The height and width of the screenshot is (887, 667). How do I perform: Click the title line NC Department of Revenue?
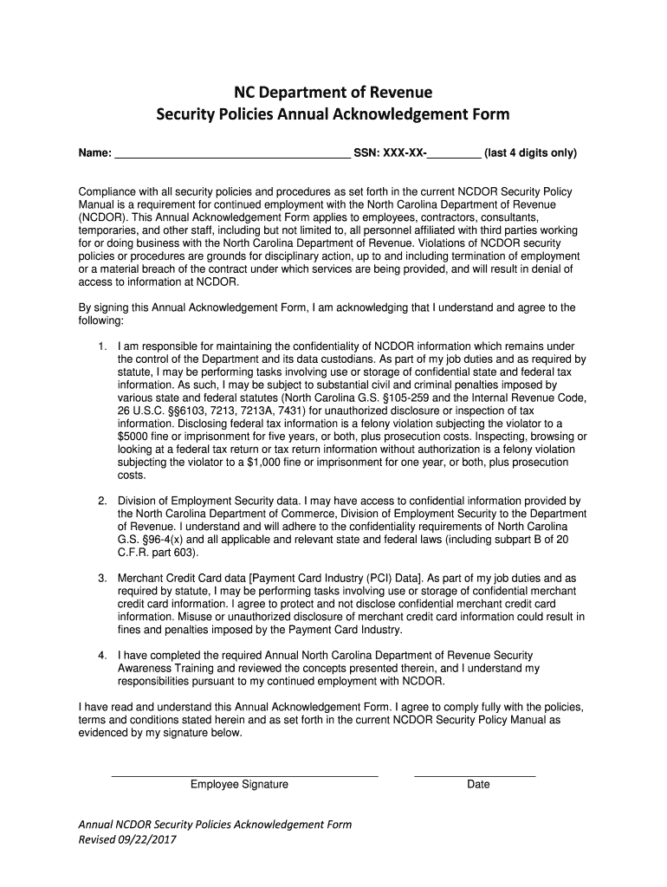click(x=333, y=92)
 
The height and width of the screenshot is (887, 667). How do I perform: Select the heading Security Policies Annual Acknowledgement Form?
click(x=333, y=114)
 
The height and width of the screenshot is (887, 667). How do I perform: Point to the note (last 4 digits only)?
click(x=530, y=153)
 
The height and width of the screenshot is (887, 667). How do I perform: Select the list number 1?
click(x=101, y=346)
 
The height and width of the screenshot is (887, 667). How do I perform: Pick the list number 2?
click(x=101, y=501)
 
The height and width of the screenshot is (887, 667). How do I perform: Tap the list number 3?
click(x=101, y=578)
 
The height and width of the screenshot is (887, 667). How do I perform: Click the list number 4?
click(x=101, y=655)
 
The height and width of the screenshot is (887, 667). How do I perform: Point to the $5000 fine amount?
click(x=134, y=437)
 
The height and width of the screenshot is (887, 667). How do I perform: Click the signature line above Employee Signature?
click(x=245, y=774)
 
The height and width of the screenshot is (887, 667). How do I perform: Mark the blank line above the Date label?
click(x=475, y=774)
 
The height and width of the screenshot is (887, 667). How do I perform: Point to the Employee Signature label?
click(x=240, y=785)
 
